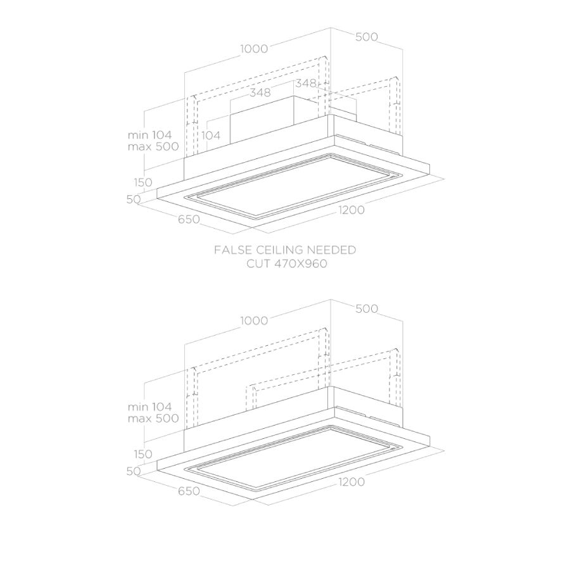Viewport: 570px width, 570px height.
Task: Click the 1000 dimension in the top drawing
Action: point(254,49)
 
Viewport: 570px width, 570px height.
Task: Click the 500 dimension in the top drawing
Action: point(367,37)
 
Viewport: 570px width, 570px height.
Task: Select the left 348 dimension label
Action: point(260,92)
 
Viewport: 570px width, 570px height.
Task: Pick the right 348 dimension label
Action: point(306,83)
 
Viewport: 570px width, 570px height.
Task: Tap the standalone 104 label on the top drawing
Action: point(211,136)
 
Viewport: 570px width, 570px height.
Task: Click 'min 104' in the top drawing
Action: point(149,135)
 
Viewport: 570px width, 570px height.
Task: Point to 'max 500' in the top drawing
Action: point(153,146)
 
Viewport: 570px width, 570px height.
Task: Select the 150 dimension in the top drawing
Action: point(143,182)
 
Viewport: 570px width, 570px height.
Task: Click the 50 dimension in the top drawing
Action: point(134,199)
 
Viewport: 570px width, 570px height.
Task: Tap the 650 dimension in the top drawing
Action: point(189,219)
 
